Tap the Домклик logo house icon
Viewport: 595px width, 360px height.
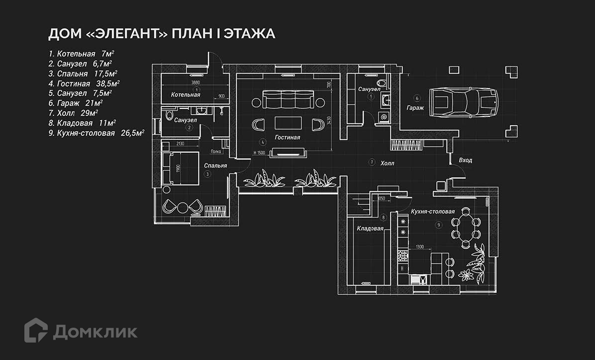[x=36, y=330]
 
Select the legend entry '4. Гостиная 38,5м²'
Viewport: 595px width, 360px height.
[x=84, y=84]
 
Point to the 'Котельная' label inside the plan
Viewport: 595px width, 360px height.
[x=186, y=94]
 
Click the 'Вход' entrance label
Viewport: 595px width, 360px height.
[x=466, y=161]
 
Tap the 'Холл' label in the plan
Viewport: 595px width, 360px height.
[x=387, y=163]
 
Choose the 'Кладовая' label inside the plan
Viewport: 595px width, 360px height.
[x=370, y=229]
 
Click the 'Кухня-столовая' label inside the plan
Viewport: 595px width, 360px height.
[x=433, y=211]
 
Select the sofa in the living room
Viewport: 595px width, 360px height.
[x=289, y=99]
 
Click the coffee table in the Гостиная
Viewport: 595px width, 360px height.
[x=289, y=124]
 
